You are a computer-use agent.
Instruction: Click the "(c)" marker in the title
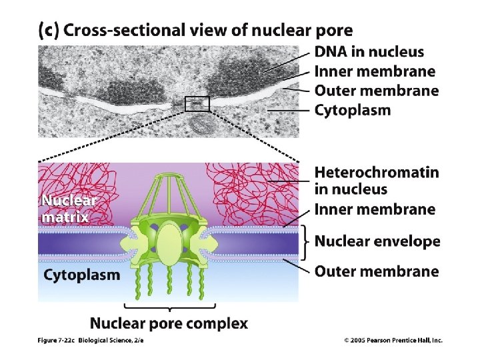coord(48,30)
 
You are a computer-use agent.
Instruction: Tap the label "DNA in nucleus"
coord(369,51)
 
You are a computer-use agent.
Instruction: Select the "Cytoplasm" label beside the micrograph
coord(353,110)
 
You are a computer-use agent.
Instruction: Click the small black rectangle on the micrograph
coord(197,104)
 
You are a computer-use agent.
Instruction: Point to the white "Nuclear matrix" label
coord(69,208)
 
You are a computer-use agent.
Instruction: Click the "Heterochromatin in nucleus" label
coord(377,181)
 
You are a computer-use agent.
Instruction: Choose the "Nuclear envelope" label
coord(377,241)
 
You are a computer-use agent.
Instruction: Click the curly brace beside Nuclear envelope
coord(305,241)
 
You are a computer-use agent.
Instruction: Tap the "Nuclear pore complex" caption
coord(169,324)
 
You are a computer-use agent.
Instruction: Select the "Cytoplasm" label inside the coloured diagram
coord(82,275)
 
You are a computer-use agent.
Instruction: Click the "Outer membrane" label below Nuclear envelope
coord(377,271)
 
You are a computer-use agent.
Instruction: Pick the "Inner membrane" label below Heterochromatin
coord(375,209)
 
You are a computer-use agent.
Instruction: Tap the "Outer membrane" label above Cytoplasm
coord(377,91)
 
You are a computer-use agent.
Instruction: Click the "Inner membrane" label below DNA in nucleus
coord(375,71)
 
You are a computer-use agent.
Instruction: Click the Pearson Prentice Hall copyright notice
coord(393,340)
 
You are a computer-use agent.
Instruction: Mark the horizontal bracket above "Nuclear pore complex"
coord(169,307)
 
